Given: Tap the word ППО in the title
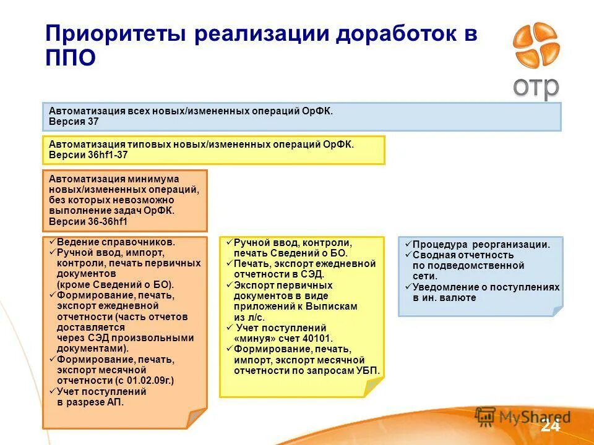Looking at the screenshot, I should (x=71, y=59).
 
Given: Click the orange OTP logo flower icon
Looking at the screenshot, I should (x=536, y=46).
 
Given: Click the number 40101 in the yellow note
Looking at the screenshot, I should (x=318, y=339).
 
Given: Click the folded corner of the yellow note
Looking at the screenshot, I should (x=374, y=388).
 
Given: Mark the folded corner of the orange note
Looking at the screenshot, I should (x=197, y=419).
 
